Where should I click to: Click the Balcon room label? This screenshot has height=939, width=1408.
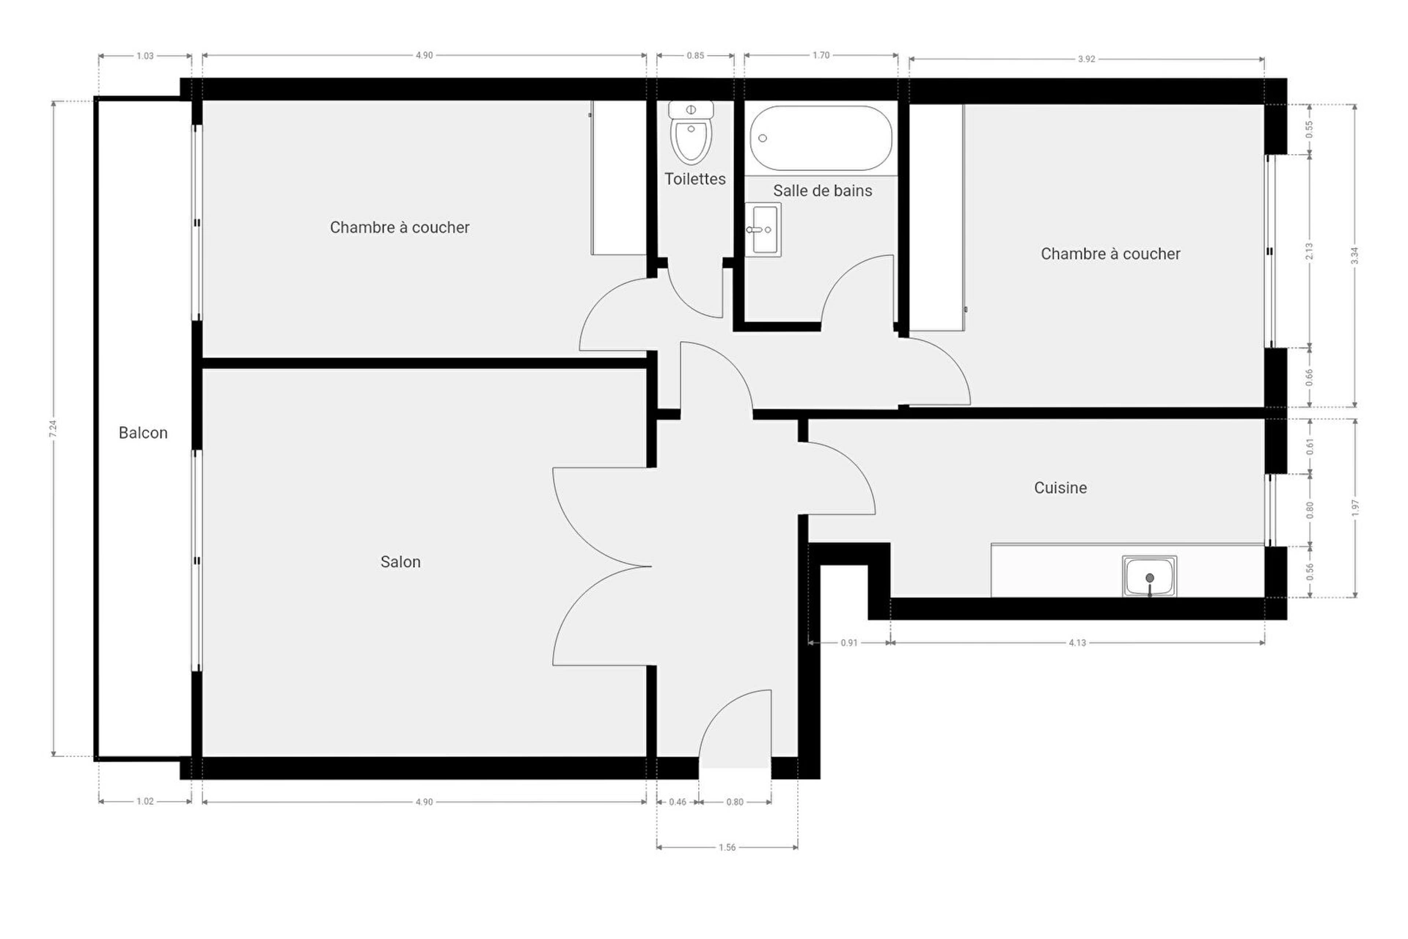[143, 433]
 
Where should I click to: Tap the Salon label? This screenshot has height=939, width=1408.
[400, 562]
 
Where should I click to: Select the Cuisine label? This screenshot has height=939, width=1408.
[1060, 488]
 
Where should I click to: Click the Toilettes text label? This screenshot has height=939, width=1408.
[695, 179]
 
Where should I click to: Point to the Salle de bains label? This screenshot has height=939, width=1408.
[823, 191]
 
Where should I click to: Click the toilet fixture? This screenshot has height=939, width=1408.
[691, 133]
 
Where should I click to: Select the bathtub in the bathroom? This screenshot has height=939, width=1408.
[821, 139]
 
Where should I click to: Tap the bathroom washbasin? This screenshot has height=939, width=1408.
[763, 230]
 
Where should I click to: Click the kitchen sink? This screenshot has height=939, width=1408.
[1149, 577]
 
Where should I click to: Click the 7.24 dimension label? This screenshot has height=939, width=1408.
[53, 428]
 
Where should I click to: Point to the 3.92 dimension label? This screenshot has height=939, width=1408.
[1086, 59]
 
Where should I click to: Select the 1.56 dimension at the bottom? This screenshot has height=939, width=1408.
[727, 847]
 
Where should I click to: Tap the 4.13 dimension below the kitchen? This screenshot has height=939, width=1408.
[1077, 643]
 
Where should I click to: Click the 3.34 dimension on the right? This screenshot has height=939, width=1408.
[1354, 256]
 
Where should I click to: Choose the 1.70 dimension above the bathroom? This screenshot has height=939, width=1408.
[821, 55]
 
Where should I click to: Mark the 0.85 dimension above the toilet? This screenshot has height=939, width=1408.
[695, 55]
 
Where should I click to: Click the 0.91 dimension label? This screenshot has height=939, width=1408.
[849, 643]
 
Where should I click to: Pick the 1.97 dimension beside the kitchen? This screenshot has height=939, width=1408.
[1354, 508]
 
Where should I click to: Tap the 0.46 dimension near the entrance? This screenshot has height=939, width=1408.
[678, 802]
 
